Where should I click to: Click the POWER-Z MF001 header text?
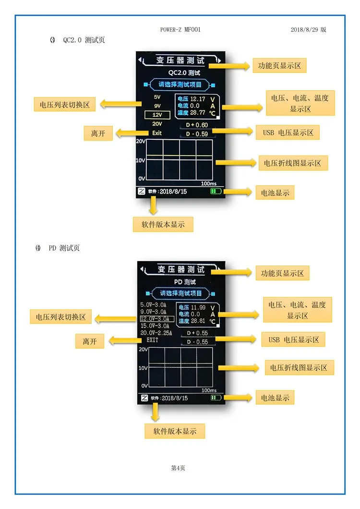[180, 30]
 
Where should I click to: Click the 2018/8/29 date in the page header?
[304, 30]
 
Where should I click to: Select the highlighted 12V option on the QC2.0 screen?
[157, 115]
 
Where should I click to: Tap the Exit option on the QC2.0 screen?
[157, 133]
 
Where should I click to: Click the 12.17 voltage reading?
[198, 99]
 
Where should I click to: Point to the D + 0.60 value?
[197, 125]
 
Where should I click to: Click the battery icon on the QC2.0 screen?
[216, 191]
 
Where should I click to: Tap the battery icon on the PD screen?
[216, 398]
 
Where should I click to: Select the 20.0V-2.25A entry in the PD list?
[156, 333]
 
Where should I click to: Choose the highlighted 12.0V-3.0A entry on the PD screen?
[157, 319]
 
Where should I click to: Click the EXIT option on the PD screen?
[152, 340]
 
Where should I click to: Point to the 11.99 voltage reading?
[198, 307]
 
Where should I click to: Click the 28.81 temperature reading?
[198, 321]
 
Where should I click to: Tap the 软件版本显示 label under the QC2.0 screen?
[163, 224]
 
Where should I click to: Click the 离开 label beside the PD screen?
[90, 341]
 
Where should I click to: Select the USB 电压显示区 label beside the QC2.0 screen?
[288, 133]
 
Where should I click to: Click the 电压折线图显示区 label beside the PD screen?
[299, 368]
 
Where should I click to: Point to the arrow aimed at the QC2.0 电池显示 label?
[238, 192]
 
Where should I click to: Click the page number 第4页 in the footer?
[178, 468]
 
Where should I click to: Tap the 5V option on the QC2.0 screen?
[157, 97]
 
